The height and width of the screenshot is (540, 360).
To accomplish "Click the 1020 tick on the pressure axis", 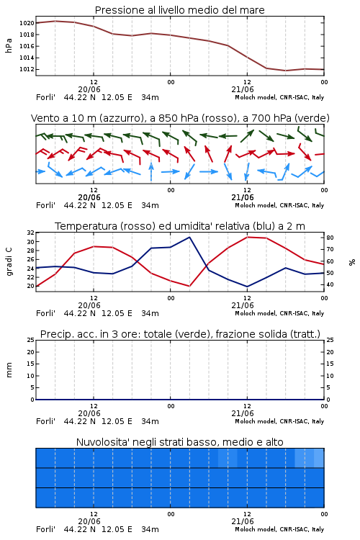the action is coord(27,23).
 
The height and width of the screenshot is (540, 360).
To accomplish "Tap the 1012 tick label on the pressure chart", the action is coord(27,69).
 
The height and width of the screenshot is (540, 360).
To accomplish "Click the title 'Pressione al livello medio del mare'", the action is coord(180,10).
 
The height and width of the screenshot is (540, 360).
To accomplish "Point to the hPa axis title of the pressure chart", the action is coord(9,45).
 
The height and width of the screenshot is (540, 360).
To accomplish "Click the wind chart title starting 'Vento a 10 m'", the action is coord(180,118).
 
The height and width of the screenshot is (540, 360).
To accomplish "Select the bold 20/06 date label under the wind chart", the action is coord(89,197).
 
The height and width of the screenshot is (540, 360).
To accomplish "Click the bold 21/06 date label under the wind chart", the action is coord(243,197).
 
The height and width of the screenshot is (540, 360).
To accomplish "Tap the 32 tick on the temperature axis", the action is coord(31,233).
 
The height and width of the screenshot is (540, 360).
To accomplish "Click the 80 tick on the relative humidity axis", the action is coord(330,238).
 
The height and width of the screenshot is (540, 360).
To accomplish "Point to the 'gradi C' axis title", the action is coord(9,262).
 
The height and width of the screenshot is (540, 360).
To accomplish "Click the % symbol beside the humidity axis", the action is coord(352,262).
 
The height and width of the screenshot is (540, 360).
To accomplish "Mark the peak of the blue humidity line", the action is coord(189,237).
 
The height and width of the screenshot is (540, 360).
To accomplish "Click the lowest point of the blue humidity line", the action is coord(247,287).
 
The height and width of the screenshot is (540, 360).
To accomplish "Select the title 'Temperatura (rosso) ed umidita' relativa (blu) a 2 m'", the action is coord(180,226).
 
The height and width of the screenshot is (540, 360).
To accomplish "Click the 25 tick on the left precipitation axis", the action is coord(31,340).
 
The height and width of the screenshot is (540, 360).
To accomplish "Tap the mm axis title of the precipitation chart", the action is coord(9,370).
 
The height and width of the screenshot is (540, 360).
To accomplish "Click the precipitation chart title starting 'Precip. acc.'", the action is coord(180,334).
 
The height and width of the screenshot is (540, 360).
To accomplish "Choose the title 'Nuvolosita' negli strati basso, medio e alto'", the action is coord(180,442).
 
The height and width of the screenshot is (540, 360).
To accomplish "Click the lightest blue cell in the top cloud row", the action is coord(319,458).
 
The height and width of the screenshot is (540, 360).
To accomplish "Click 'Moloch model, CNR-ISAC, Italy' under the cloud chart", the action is coord(279,529).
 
